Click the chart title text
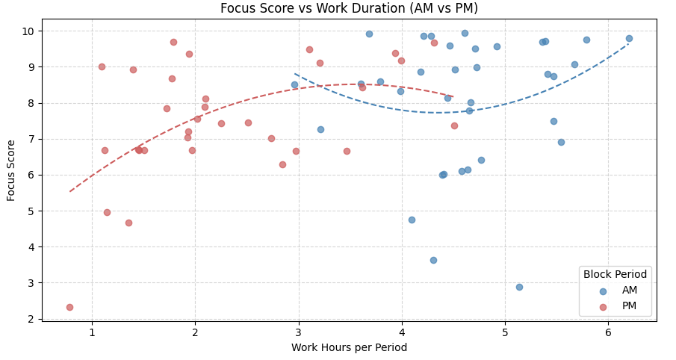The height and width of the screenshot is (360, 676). (x=349, y=9)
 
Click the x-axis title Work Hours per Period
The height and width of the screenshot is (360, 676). (x=349, y=347)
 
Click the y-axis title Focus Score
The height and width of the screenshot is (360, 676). (x=11, y=170)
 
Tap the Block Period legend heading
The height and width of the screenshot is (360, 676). (x=615, y=274)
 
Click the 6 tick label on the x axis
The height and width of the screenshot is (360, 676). (x=608, y=332)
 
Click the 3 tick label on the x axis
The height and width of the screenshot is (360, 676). (x=298, y=332)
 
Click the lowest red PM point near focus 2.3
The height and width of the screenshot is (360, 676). (x=69, y=307)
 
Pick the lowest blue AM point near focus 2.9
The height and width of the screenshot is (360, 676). (x=519, y=287)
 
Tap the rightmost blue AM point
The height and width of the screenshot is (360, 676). (x=629, y=38)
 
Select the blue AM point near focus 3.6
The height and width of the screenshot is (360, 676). (x=433, y=260)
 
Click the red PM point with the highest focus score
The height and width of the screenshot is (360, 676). (x=173, y=42)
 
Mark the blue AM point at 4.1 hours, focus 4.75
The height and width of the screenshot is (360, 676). (x=412, y=220)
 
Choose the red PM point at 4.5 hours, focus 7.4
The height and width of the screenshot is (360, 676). (x=454, y=125)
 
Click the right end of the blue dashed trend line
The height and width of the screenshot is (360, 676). (x=629, y=43)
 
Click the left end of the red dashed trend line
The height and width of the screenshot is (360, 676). (x=70, y=191)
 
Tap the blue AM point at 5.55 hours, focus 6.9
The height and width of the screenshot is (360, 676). (x=561, y=142)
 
